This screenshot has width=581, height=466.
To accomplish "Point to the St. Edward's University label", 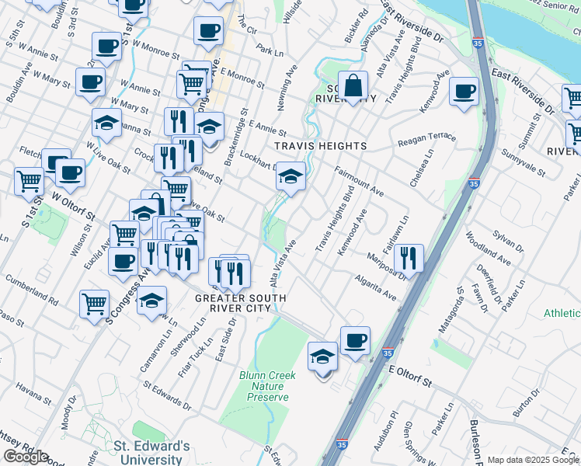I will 151,452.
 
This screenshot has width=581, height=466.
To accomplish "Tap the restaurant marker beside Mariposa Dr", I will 408,256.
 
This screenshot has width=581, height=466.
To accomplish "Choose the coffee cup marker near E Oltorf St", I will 355,340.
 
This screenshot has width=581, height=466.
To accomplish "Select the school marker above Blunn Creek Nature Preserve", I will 323,356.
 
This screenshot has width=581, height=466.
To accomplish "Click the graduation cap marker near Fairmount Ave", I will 290,178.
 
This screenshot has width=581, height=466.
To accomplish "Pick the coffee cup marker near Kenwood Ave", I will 464,92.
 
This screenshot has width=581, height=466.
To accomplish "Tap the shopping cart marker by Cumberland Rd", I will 94,302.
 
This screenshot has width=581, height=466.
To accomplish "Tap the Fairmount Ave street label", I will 359,181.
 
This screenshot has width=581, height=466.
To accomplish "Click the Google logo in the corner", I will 26,456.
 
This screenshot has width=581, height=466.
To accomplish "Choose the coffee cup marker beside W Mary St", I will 90,81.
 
